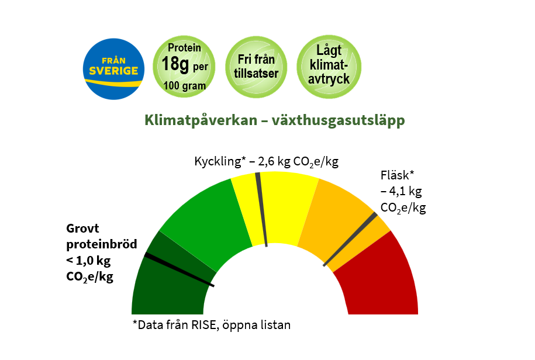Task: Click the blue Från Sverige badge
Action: point(113,69)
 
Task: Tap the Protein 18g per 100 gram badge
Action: point(184,67)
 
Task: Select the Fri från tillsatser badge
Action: point(256,67)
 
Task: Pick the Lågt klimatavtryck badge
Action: point(329,67)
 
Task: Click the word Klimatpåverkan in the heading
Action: point(201,120)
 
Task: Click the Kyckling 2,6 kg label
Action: point(267,161)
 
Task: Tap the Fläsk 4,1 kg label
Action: point(403,192)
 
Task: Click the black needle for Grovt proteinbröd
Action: point(180,269)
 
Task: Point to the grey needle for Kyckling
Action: point(261,209)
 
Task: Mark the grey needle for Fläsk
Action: point(350,239)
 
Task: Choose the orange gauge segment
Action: point(338,218)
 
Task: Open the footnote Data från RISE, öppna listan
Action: point(212,325)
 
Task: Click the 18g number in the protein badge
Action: point(175,64)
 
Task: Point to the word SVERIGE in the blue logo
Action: point(113,71)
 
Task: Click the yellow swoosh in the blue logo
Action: point(113,83)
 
